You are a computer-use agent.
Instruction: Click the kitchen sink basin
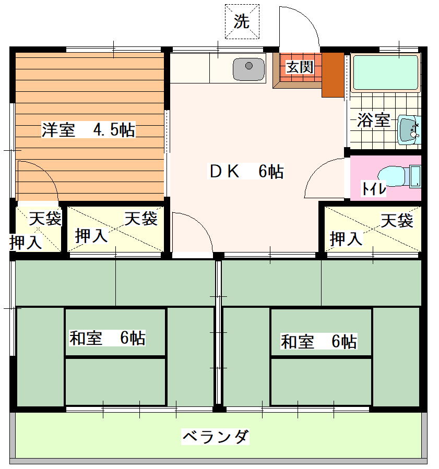[248, 69]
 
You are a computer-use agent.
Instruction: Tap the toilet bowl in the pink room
[391, 176]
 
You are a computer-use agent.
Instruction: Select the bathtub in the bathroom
[386, 73]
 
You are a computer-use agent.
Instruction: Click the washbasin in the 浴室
[409, 130]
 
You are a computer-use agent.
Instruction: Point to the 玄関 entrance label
[300, 67]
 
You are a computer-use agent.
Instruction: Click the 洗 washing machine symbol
[242, 21]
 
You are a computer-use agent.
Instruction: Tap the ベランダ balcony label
[216, 437]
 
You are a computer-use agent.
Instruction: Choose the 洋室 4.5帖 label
[88, 130]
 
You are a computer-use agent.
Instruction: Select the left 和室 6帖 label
[108, 338]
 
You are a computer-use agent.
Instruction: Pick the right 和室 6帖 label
[319, 341]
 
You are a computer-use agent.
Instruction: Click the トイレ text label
[374, 188]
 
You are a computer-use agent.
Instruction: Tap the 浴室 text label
[374, 120]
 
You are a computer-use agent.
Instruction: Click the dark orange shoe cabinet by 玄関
[333, 75]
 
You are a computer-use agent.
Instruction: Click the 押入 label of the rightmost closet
[346, 239]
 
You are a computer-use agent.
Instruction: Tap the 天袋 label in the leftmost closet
[45, 219]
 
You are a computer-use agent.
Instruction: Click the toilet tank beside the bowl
[415, 176]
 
